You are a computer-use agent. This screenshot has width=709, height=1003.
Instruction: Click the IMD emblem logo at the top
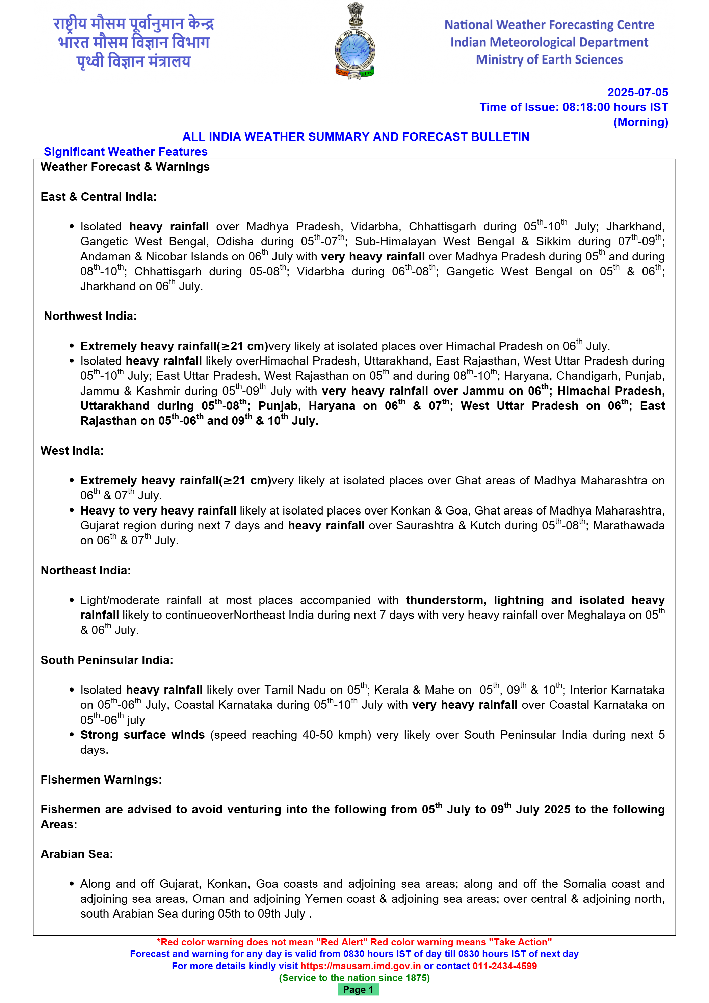tap(354, 42)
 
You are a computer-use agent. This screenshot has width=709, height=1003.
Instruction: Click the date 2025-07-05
tap(637, 92)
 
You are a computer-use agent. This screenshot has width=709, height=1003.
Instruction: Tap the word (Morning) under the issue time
tap(640, 122)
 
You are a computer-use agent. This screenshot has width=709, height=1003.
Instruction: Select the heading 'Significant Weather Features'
tap(125, 152)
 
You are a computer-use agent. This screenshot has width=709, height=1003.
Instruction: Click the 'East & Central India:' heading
tap(98, 197)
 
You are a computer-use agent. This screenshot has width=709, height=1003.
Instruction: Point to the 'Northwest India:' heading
tap(90, 316)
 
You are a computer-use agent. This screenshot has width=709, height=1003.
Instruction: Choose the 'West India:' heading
tap(72, 450)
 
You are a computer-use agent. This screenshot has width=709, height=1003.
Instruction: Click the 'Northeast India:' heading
tap(85, 570)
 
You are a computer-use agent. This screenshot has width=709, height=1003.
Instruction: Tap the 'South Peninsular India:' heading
tap(107, 660)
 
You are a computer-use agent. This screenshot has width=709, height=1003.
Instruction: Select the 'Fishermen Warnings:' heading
tap(101, 779)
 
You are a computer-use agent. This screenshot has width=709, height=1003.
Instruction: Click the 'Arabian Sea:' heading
tap(76, 854)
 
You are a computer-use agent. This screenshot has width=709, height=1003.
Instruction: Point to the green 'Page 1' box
tap(358, 989)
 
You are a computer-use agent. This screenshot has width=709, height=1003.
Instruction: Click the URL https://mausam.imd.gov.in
tap(360, 966)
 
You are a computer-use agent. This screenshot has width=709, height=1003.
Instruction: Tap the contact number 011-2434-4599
tap(504, 966)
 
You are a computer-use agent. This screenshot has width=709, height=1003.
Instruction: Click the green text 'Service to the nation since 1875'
tap(354, 978)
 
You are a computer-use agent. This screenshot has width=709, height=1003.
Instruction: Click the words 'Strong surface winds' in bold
tap(142, 735)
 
